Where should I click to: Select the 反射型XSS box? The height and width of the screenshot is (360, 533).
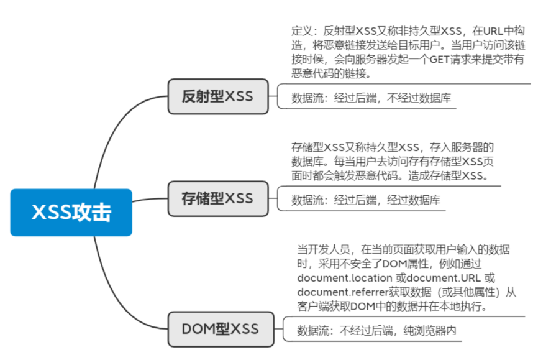(x=217, y=96)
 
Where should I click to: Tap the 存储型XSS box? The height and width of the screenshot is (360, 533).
(x=217, y=198)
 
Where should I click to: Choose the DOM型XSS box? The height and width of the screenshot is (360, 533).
(x=220, y=329)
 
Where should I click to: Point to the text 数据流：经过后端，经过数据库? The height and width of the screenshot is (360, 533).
(x=366, y=200)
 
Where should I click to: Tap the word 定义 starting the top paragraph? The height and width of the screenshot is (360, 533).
(x=301, y=30)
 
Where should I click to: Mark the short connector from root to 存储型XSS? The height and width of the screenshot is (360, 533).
(x=150, y=200)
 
